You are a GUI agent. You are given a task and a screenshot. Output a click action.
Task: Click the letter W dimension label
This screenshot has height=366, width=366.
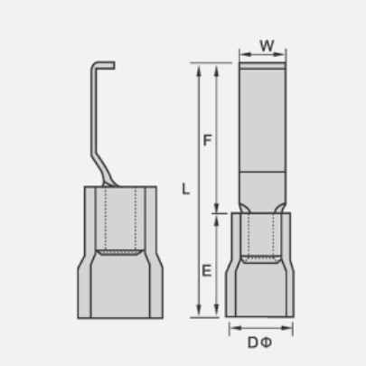pos(267,46)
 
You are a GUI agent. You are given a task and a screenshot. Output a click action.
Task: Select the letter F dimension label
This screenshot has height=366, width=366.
pos(207,140)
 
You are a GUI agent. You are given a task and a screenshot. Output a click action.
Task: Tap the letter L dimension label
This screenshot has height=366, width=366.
pos(186,189)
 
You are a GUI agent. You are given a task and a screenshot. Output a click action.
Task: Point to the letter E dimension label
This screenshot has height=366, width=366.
pos(207,271)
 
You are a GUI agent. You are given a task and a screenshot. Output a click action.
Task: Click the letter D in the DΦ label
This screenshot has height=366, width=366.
pos(252,343)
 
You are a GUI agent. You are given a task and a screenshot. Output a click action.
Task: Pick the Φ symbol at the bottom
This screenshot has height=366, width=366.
pos(266,343)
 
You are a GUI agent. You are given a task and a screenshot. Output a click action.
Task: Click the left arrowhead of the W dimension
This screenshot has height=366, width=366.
pos(245,54)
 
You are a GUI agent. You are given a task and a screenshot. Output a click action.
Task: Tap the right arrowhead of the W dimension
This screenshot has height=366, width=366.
pos(280,54)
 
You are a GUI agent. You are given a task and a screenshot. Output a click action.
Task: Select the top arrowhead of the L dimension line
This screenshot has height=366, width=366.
pos(199,70)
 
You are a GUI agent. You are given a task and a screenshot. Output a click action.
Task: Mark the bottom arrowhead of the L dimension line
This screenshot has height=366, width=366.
pos(199,310)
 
